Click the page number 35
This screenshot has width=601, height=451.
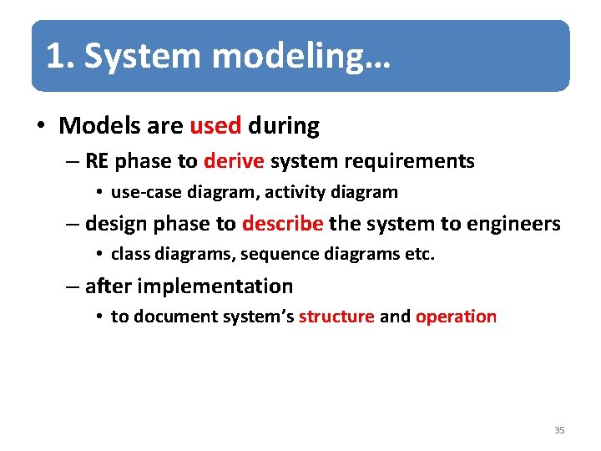pyautogui.click(x=559, y=430)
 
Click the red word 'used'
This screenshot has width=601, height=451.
pyautogui.click(x=215, y=126)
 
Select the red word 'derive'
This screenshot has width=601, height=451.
pyautogui.click(x=234, y=161)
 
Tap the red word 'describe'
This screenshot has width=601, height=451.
pyautogui.click(x=282, y=224)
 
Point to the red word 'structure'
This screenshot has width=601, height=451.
pyautogui.click(x=336, y=317)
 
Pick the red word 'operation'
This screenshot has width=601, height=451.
pyautogui.click(x=456, y=317)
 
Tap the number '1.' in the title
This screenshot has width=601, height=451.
pyautogui.click(x=61, y=57)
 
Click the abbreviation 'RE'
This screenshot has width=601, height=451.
pyautogui.click(x=97, y=161)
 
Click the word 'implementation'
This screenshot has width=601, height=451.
pyautogui.click(x=215, y=286)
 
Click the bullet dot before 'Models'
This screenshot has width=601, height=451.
pyautogui.click(x=39, y=127)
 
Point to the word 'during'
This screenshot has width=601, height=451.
pyautogui.click(x=284, y=126)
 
